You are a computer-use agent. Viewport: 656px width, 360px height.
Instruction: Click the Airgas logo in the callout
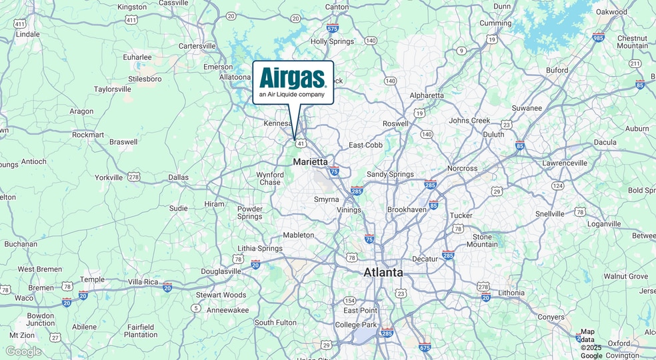click(x=293, y=78)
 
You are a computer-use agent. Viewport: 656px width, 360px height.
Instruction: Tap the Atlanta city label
click(x=383, y=273)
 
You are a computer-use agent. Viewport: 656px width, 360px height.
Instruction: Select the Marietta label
click(x=311, y=162)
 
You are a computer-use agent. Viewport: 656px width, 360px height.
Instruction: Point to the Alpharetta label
click(x=427, y=95)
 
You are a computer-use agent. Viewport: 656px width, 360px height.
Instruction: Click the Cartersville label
click(x=197, y=46)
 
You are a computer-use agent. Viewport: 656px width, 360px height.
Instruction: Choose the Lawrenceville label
click(x=565, y=163)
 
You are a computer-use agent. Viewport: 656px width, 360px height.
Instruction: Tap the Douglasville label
click(x=221, y=271)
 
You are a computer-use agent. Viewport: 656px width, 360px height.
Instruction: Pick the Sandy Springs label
click(x=390, y=175)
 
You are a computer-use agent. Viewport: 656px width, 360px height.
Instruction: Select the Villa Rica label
click(x=143, y=282)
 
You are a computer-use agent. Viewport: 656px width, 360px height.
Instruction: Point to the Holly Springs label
click(x=333, y=41)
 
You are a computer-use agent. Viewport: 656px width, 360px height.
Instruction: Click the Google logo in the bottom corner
click(x=23, y=351)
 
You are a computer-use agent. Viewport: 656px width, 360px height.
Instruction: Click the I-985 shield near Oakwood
click(x=599, y=37)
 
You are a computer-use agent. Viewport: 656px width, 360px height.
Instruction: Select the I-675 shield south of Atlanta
click(x=425, y=347)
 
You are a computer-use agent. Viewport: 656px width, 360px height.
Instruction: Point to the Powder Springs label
click(x=250, y=213)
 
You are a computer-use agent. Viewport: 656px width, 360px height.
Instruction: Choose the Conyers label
click(x=551, y=317)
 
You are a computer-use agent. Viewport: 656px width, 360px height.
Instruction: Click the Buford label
click(x=557, y=70)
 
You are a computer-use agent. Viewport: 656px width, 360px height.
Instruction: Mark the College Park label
click(x=357, y=325)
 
